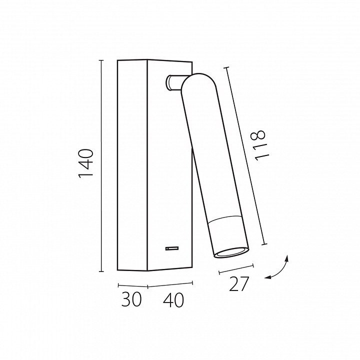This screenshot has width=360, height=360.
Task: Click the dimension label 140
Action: [85, 163]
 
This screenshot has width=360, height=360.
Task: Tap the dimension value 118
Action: [259, 145]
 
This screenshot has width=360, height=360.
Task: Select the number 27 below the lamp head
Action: [239, 284]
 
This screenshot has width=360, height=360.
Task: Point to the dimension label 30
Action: [131, 299]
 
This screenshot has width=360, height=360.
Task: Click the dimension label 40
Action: [173, 300]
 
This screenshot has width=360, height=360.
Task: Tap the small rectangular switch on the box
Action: [172, 248]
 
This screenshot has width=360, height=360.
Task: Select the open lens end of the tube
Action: [231, 252]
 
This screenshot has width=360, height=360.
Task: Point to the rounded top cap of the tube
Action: [198, 81]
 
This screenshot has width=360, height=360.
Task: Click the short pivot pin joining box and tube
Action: [174, 82]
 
